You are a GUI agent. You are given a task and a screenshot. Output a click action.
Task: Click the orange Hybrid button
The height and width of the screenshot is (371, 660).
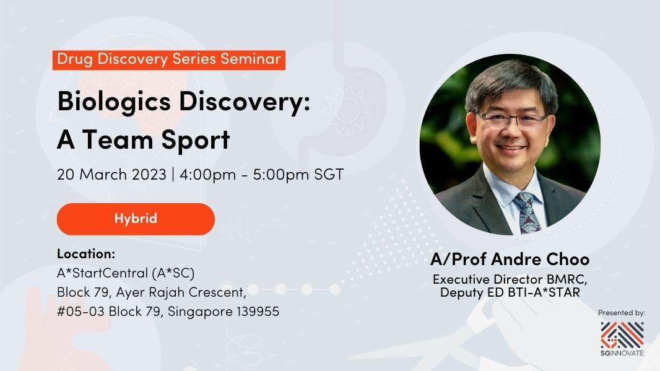tap(136, 219)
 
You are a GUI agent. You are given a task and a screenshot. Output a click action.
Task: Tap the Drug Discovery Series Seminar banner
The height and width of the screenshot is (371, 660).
tap(169, 60)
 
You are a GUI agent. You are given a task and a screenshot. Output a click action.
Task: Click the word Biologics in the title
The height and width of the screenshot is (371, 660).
tap(114, 102)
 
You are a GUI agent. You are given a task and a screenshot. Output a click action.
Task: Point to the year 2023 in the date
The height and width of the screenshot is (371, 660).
tap(149, 174)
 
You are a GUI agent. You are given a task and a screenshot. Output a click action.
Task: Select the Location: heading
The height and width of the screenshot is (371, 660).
tap(86, 254)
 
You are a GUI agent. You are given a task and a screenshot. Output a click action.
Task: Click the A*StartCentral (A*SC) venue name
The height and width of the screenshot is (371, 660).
tap(126, 273)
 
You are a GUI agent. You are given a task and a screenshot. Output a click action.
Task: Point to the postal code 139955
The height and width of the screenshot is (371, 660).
tap(258, 312)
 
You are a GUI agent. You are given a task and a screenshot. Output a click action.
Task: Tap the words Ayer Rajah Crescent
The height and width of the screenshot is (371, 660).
tap(181, 292)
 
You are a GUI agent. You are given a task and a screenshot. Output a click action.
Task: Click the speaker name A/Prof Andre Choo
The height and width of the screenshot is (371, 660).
tap(510, 260)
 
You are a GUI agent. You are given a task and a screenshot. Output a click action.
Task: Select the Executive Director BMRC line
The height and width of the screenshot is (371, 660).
tap(510, 279)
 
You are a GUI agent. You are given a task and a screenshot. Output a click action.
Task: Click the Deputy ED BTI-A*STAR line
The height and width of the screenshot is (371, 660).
tap(510, 293)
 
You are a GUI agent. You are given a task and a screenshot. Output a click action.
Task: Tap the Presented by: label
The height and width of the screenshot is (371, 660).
tap(622, 313)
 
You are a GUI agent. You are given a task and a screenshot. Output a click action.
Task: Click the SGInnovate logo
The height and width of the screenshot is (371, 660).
tap(622, 339)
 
